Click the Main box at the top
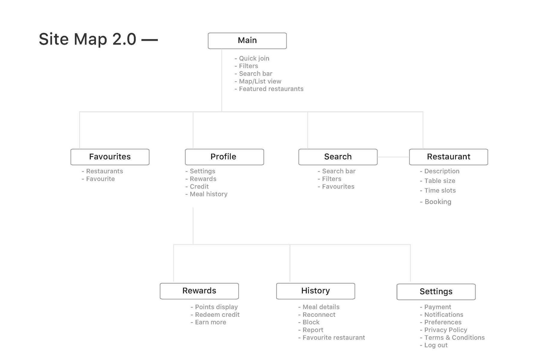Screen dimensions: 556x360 coord(247,41)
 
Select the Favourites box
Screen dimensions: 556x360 coord(110,157)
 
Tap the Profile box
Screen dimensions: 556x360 coord(224,157)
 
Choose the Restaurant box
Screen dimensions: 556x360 coord(449,157)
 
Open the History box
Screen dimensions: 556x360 coord(316,291)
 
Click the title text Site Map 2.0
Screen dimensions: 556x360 coord(88,39)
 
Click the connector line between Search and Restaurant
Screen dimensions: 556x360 coord(393,157)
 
